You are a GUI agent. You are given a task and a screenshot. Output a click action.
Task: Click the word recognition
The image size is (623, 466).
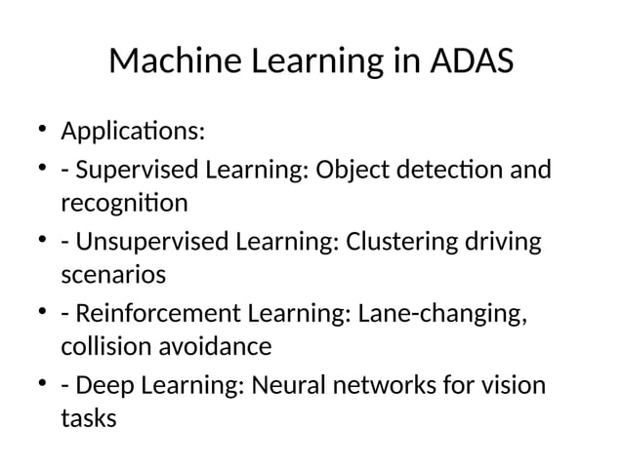124,204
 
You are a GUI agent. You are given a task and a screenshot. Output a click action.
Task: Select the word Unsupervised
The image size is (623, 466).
147,242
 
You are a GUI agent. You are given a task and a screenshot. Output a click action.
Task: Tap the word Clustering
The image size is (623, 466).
398,242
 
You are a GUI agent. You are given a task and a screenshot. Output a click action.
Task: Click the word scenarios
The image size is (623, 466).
113,275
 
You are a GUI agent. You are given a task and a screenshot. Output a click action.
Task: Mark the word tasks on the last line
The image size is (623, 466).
88,419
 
